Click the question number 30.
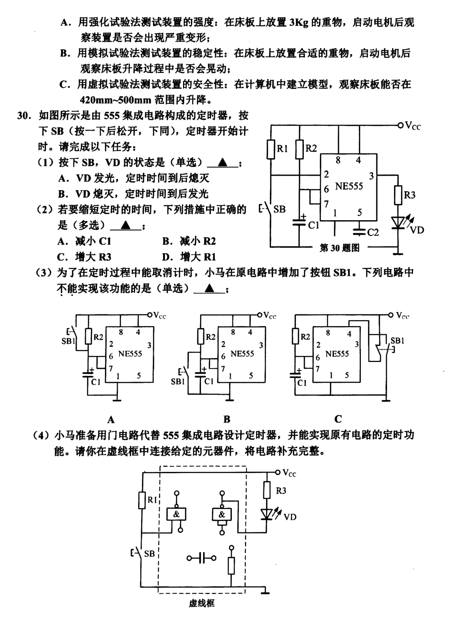pyautogui.click(x=24, y=116)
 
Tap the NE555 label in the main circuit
pyautogui.click(x=349, y=186)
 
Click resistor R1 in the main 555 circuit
pyautogui.click(x=271, y=149)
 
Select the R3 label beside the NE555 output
pyautogui.click(x=409, y=195)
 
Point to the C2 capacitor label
pyautogui.click(x=373, y=232)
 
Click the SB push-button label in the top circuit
pyautogui.click(x=279, y=209)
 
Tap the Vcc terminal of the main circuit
pyautogui.click(x=401, y=125)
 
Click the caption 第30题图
pyautogui.click(x=339, y=248)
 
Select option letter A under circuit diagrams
pyautogui.click(x=111, y=420)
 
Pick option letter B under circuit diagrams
pyautogui.click(x=226, y=419)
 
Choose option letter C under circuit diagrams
pyautogui.click(x=338, y=419)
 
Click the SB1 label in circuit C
pyautogui.click(x=397, y=340)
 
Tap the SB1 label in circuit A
pyautogui.click(x=68, y=341)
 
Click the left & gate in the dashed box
pyautogui.click(x=176, y=514)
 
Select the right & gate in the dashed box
pyautogui.click(x=222, y=514)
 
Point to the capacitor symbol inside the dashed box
pyautogui.click(x=202, y=558)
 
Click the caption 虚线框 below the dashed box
pyautogui.click(x=202, y=603)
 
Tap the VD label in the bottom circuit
pyautogui.click(x=290, y=517)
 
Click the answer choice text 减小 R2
pyautogui.click(x=197, y=241)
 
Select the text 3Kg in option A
pyautogui.click(x=299, y=23)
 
